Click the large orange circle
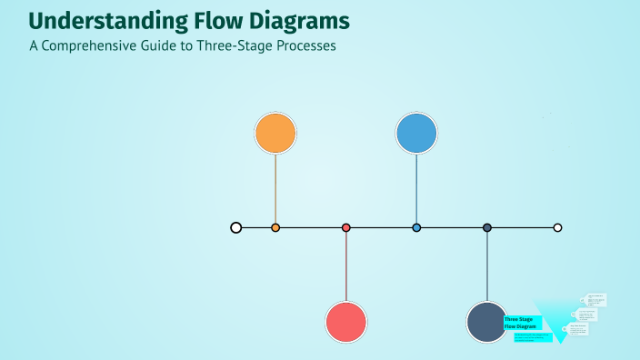275,134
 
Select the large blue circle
416,134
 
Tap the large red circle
346,322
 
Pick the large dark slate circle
487,322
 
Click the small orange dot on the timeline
275,227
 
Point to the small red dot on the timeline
346,227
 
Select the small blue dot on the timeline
416,227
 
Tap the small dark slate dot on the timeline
487,227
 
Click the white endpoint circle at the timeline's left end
236,227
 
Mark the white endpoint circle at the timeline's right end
558,227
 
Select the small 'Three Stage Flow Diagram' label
522,323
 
